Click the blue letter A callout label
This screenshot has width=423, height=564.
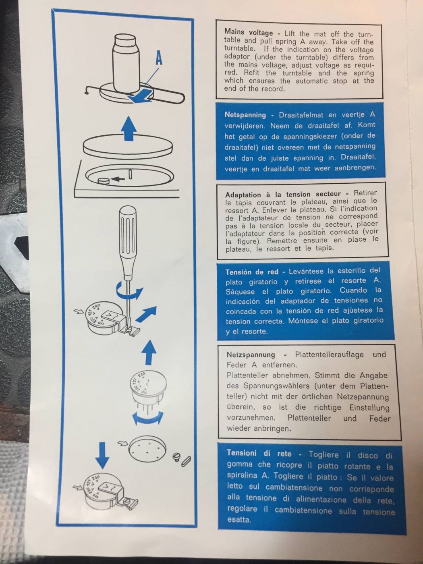159,59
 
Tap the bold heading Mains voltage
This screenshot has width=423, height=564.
248,32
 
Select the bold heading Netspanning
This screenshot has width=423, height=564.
245,114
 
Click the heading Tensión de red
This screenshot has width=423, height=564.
252,272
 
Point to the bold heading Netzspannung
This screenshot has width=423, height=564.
251,355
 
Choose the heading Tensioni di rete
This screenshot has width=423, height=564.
259,453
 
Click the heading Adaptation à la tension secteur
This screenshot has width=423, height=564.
283,194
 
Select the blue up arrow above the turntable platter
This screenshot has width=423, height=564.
128,129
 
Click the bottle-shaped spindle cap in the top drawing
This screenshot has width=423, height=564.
125,62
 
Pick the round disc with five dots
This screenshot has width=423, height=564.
147,449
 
